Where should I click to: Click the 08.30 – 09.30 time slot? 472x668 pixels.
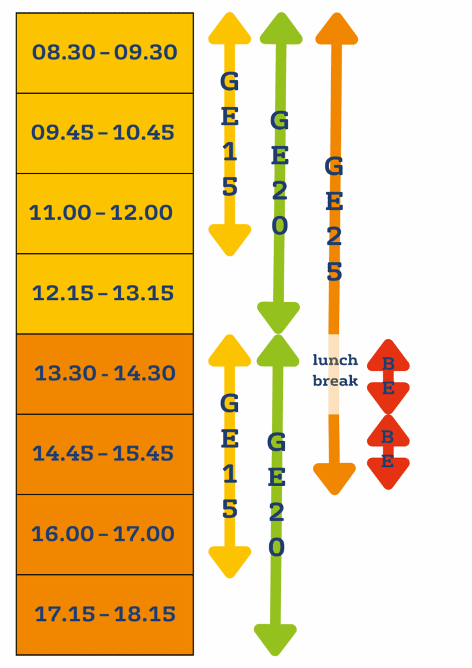pos(104,53)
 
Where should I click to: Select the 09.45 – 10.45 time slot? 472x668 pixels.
pos(103,133)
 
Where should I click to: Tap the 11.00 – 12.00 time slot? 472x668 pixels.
pos(101,213)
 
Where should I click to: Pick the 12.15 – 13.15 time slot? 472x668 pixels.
pos(103,294)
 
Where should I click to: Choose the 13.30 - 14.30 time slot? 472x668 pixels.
pos(105,374)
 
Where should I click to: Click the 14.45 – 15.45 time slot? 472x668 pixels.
pos(103,453)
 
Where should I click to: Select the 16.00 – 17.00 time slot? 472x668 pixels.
pos(103,534)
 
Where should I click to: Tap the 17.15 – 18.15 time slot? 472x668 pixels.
pos(105,615)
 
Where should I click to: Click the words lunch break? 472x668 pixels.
pos(335,371)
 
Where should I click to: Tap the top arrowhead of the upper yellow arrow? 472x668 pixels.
pos(229,30)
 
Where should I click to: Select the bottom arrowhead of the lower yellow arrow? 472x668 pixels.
pos(229,561)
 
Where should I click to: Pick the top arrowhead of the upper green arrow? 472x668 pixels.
pos(281,30)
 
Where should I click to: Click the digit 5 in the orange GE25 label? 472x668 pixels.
pos(334,273)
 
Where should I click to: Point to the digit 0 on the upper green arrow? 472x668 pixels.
pos(279,226)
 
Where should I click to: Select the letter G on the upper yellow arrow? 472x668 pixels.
pos(229,82)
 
